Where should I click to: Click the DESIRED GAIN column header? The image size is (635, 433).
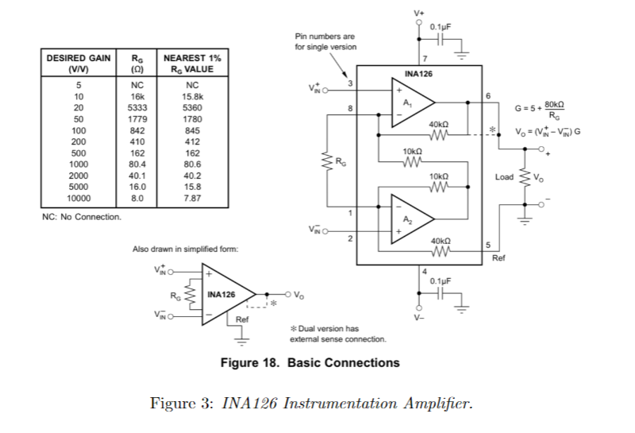78,64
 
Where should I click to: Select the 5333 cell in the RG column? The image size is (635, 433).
137,107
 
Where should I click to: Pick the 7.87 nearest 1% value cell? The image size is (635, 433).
192,199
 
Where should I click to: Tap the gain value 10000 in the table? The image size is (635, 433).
78,199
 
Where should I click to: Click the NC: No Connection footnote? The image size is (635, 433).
81,217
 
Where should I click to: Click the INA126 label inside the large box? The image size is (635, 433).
418,75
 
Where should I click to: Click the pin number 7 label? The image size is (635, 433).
425,59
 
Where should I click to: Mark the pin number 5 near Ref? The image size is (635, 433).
488,245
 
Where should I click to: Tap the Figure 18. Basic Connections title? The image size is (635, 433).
310,363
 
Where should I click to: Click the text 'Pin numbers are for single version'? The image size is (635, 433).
325,41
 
